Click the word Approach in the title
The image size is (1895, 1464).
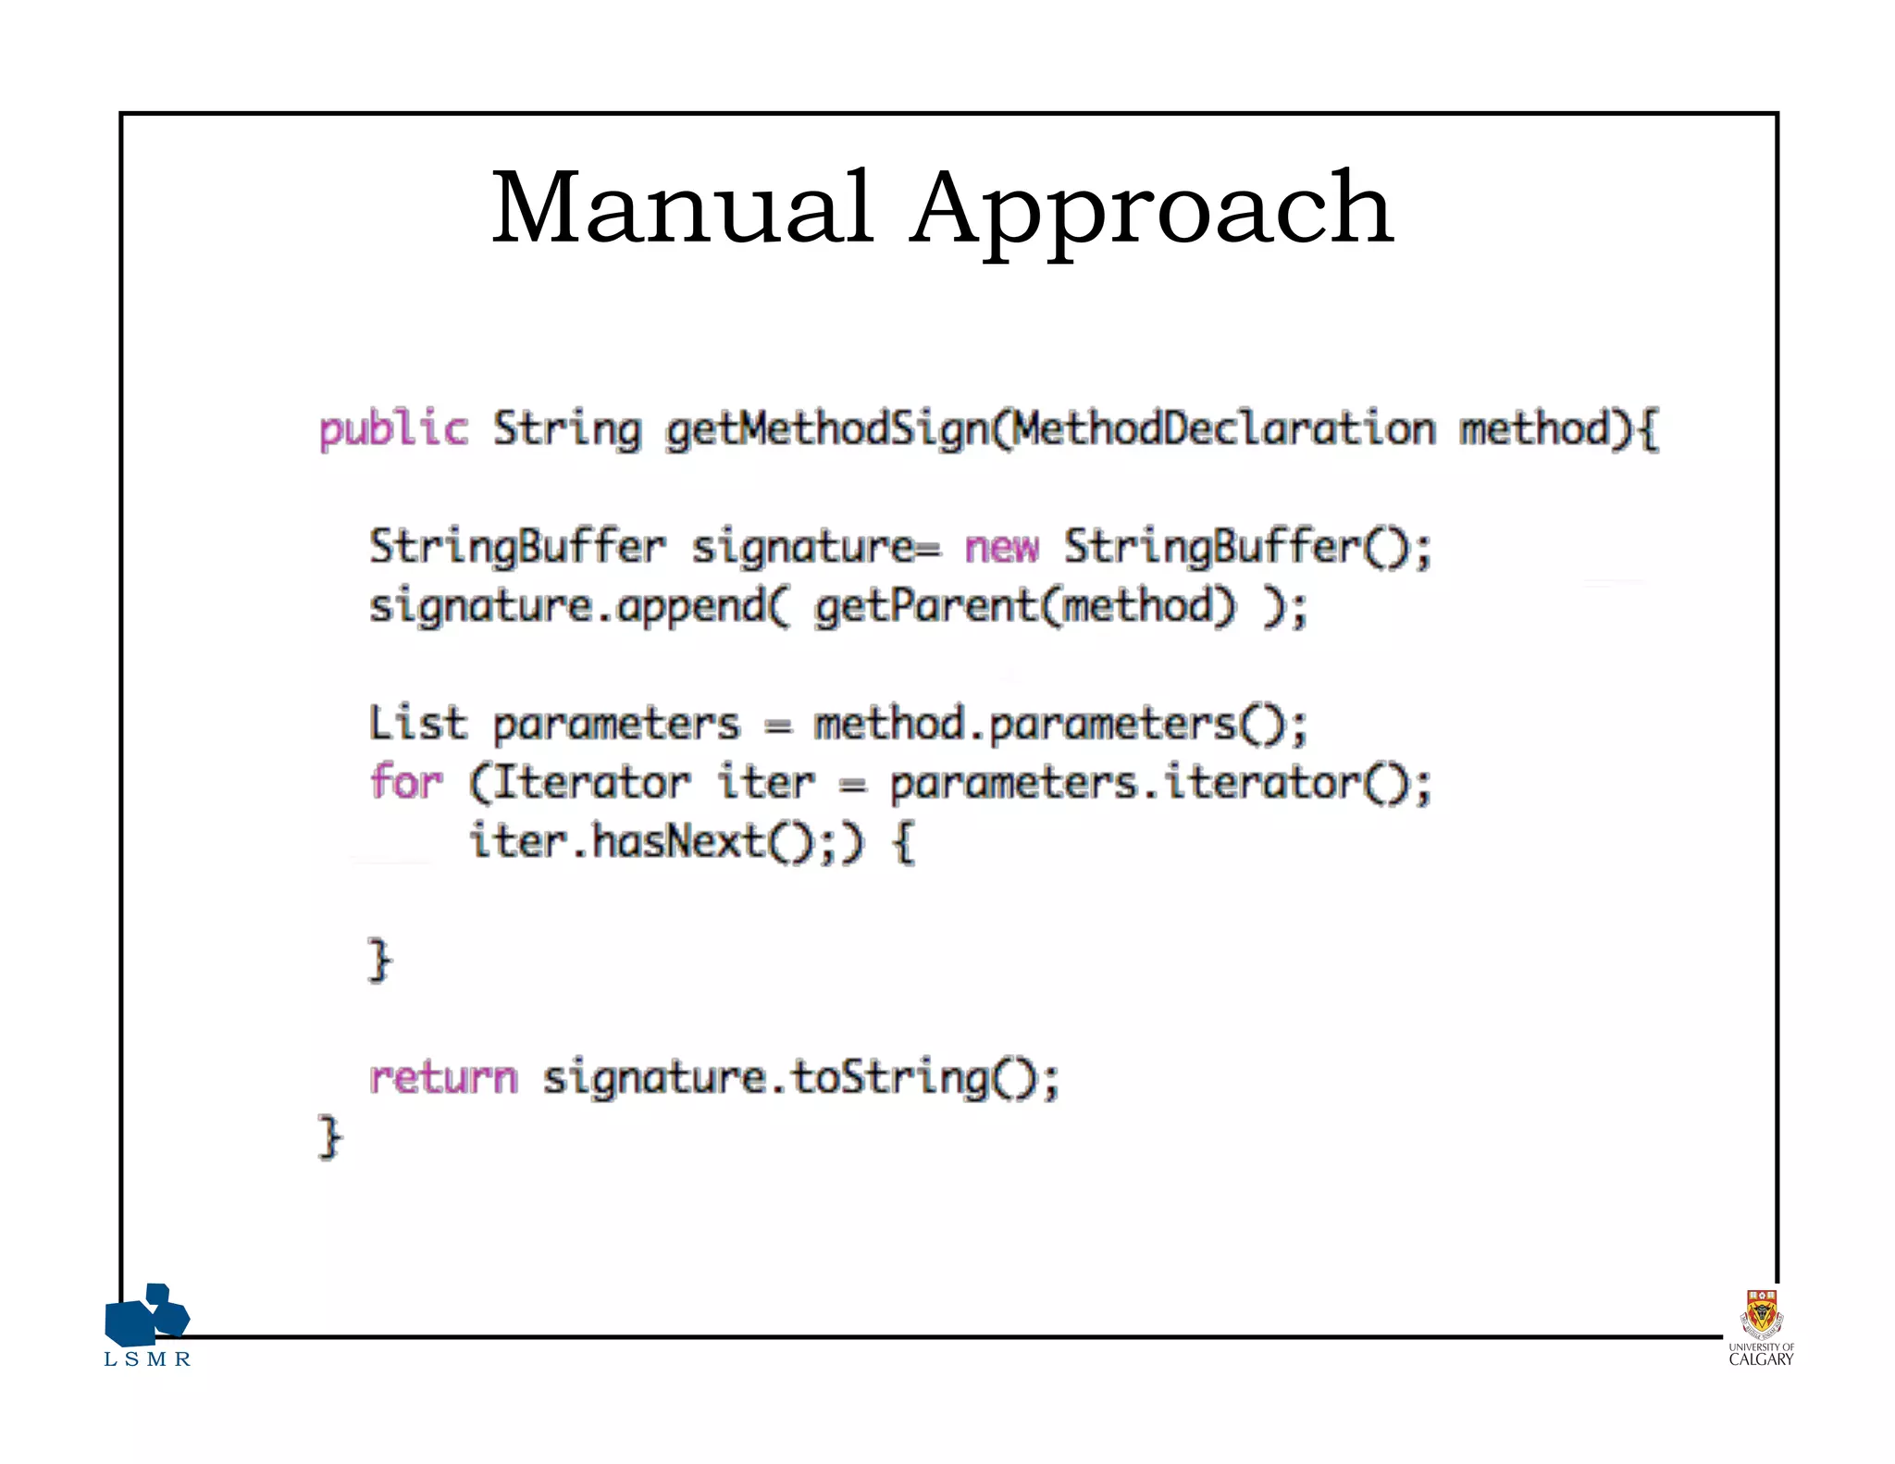coord(1151,211)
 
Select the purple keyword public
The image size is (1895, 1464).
coord(393,429)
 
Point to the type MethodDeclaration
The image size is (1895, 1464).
coord(1223,429)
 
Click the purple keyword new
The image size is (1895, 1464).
coord(1002,547)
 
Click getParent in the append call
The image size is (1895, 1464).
coord(926,608)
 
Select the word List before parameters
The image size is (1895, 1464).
coord(417,723)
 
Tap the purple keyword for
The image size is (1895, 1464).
coord(406,782)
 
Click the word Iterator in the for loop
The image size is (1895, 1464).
coord(593,783)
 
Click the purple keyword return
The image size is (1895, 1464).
coord(443,1077)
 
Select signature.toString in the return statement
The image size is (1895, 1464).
coord(767,1078)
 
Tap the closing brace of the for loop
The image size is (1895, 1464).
coord(379,960)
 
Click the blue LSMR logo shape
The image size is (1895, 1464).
coord(147,1314)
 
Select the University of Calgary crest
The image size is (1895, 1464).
coord(1761,1315)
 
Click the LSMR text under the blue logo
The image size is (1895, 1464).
coord(147,1359)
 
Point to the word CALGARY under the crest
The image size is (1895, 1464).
coord(1761,1359)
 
